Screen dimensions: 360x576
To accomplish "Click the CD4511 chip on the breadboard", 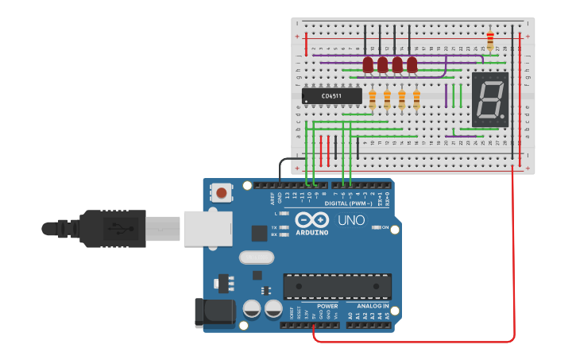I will coord(331,96).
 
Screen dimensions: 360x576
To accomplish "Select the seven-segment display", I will coord(490,99).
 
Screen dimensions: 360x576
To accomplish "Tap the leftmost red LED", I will coord(368,64).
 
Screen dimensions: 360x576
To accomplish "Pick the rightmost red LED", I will coord(412,64).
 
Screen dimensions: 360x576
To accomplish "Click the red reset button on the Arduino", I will coord(222,192).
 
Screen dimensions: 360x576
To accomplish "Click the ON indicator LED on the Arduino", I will coord(376,227).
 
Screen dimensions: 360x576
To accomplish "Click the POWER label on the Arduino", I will coord(327,306).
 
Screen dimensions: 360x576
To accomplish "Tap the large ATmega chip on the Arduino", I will coord(337,286).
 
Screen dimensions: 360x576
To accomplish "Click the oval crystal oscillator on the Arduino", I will coord(256,257).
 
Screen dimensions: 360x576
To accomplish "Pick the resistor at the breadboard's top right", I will coord(489,39).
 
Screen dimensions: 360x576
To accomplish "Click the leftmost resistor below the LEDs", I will coord(373,99).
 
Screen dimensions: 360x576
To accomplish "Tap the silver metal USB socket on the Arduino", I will coord(207,229).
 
